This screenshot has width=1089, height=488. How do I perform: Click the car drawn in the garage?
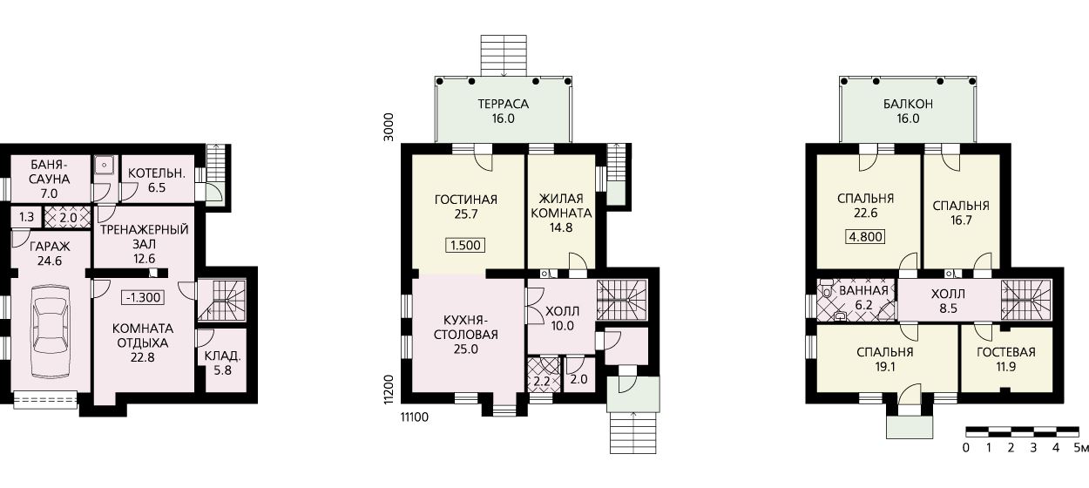coord(50,333)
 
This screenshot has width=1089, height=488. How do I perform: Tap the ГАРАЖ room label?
coord(50,247)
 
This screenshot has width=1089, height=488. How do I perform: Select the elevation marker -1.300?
coord(143,297)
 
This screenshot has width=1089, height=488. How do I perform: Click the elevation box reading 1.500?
coord(465,245)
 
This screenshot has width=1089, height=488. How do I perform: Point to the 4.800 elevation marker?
coord(866,237)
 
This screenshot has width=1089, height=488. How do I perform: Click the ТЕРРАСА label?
coord(504,104)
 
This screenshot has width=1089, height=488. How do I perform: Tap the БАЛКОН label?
coord(908,104)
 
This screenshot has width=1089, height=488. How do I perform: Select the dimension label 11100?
coord(414,417)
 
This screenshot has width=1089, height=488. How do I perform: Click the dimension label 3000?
coord(389,127)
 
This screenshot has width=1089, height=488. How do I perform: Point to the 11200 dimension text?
coord(389,390)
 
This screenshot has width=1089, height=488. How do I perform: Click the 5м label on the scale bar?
coord(1081,448)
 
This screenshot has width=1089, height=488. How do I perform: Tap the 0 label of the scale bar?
coord(965,448)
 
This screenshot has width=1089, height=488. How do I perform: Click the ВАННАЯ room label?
coord(864,291)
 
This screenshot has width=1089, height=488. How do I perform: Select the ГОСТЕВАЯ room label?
coord(1006,352)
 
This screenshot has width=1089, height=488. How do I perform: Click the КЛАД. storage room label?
coord(223,356)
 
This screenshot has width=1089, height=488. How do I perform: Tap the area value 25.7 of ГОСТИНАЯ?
coord(466,214)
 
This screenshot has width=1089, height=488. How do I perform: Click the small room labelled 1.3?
coord(26,217)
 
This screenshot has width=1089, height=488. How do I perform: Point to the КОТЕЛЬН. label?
coord(157,173)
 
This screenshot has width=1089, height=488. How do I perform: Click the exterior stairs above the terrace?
coord(504,56)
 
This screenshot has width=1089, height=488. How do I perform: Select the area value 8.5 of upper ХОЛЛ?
coord(948,308)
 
